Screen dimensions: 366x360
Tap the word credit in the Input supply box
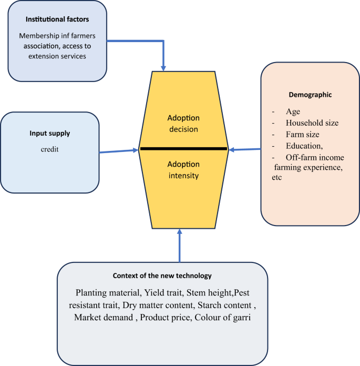pyautogui.click(x=49, y=149)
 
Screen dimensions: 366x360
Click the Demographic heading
pyautogui.click(x=310, y=95)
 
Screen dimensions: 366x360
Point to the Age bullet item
pyautogui.click(x=293, y=111)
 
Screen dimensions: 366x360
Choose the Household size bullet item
pyautogui.click(x=312, y=123)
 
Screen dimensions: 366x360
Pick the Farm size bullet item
pyautogui.click(x=302, y=135)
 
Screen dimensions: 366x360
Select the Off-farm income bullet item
pyautogui.click(x=313, y=157)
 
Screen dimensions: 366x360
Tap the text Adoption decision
pyautogui.click(x=183, y=123)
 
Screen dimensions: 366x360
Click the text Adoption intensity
pyautogui.click(x=183, y=170)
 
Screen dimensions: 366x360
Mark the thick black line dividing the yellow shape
pyautogui.click(x=183, y=149)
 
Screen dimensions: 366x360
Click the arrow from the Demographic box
pyautogui.click(x=244, y=150)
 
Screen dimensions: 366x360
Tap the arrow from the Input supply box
pyautogui.click(x=118, y=151)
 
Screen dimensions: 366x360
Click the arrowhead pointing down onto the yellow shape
pyautogui.click(x=163, y=67)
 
